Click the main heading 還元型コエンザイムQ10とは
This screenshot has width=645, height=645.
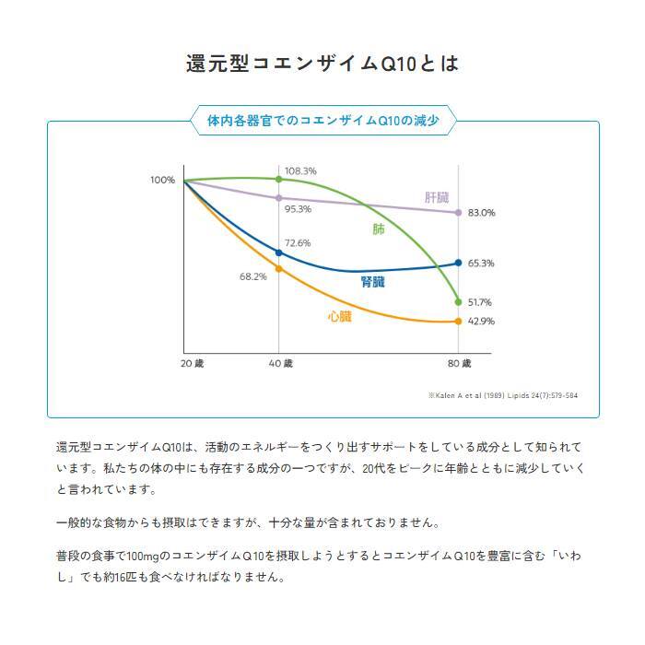tap(322, 64)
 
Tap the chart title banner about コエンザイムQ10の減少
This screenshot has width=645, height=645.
tap(322, 121)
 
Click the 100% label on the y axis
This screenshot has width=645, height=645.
tap(162, 180)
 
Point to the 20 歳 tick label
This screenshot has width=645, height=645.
tap(192, 363)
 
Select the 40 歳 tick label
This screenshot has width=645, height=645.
tap(280, 363)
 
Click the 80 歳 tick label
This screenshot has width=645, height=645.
tap(460, 363)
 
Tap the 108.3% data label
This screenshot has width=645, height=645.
tap(300, 171)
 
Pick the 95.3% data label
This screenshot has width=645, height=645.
tap(298, 209)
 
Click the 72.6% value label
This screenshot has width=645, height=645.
tap(298, 242)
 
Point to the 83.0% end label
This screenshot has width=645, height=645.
tap(482, 213)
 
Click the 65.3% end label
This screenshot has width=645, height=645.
tap(481, 263)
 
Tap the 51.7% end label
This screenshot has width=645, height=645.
tap(481, 302)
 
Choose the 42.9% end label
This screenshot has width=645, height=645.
tap(481, 322)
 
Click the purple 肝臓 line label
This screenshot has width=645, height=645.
tap(437, 197)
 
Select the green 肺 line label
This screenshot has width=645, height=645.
tap(379, 229)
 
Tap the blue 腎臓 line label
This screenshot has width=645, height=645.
tap(373, 283)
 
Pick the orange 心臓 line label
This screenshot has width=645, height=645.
tap(339, 316)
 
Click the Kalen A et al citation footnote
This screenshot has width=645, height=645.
tap(503, 395)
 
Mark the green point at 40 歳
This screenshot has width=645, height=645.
tap(278, 179)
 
